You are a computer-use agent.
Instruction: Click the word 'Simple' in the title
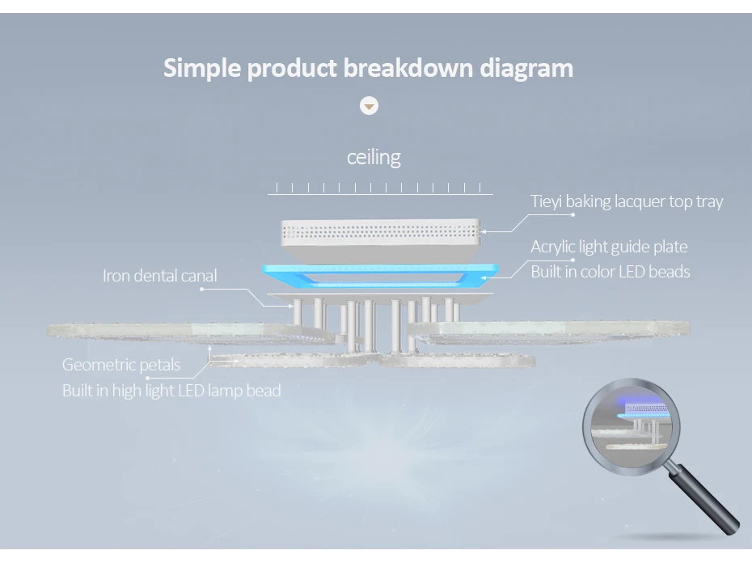pos(202,68)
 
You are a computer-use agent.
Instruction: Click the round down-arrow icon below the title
pos(369,106)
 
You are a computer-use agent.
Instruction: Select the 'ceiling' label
pos(374,156)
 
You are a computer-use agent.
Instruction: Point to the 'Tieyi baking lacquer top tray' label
pos(627,201)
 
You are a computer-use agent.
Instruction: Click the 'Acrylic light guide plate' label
pos(609,247)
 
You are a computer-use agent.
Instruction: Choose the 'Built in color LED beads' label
pos(610,271)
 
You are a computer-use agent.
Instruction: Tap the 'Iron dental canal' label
pos(160,276)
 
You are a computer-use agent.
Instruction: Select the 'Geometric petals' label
pos(121,365)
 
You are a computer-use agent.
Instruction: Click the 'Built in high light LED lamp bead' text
pos(171,391)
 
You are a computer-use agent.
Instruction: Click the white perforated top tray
pos(380,233)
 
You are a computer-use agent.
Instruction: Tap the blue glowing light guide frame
pos(380,275)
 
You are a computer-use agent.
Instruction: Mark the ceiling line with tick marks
pos(380,190)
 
